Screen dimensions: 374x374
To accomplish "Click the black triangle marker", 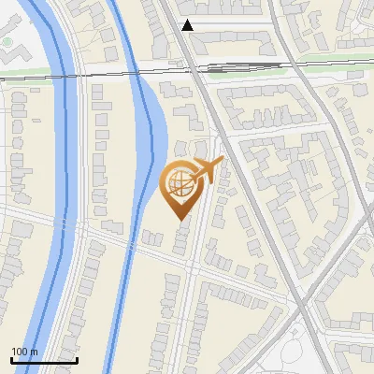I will [x=188, y=25].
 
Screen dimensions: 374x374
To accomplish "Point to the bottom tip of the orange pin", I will [x=179, y=219].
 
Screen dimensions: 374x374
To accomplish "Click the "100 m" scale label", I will [x=24, y=352].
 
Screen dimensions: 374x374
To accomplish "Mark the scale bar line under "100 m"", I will [x=43, y=360].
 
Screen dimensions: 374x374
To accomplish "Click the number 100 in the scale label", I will [x=20, y=352].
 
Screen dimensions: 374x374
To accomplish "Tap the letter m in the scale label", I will [x=34, y=352].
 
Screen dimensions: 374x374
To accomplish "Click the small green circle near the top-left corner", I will [x=7, y=42].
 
